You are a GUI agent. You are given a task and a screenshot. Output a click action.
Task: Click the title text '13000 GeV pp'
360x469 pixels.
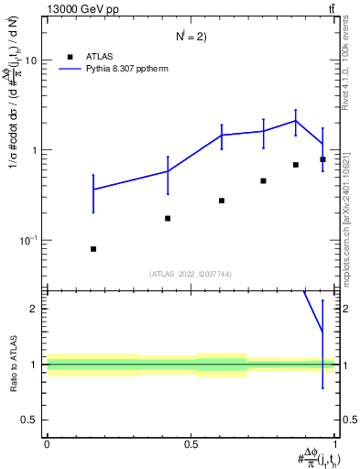[x=81, y=10]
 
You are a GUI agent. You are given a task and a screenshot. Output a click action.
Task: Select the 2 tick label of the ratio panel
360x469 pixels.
[x=35, y=309]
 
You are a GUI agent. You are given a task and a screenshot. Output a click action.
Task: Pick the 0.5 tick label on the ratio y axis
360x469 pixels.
[x=30, y=420]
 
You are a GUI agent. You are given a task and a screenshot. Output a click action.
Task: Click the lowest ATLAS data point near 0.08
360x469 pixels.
[x=93, y=249]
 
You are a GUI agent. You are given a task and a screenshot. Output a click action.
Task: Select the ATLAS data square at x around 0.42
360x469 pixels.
[x=168, y=218]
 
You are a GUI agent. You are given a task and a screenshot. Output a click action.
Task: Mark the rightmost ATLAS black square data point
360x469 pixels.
[x=322, y=159]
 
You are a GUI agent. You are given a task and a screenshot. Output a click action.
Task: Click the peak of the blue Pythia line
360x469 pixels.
[x=296, y=120]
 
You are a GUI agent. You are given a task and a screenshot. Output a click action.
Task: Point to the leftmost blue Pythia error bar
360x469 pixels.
[x=93, y=190]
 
